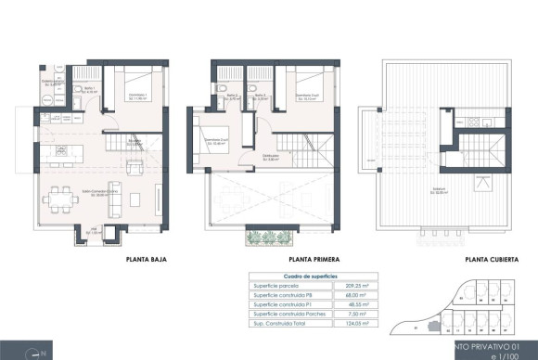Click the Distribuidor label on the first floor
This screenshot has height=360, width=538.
(x=272, y=157)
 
